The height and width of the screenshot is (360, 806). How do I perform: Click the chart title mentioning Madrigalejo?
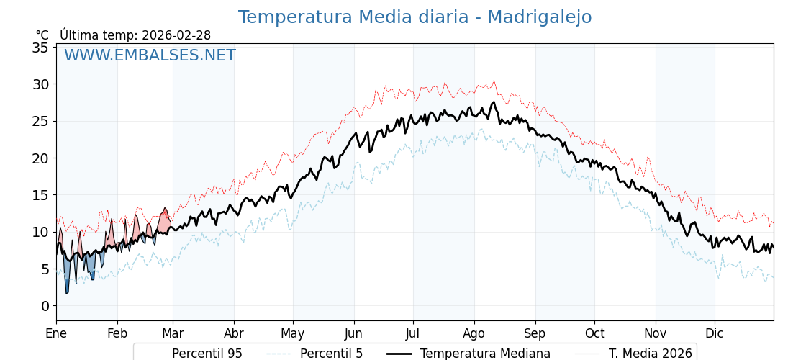tap(415, 17)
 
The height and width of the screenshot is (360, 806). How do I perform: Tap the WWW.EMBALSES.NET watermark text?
tap(150, 55)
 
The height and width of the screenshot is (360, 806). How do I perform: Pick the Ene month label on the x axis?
tap(56, 334)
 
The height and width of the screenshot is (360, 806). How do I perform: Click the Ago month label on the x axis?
tap(474, 334)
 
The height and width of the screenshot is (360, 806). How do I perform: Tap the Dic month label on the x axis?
tap(715, 334)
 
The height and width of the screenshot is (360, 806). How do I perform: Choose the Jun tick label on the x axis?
tap(353, 334)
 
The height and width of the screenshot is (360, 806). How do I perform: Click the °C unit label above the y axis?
tap(42, 35)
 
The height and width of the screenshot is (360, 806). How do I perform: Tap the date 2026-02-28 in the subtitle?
tap(176, 35)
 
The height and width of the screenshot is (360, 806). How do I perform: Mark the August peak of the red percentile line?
tap(494, 81)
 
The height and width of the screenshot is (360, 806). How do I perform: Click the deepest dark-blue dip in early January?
tap(67, 292)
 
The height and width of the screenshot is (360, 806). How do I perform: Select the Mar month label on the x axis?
tap(173, 334)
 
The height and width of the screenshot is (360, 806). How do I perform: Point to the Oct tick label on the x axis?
tap(594, 334)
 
